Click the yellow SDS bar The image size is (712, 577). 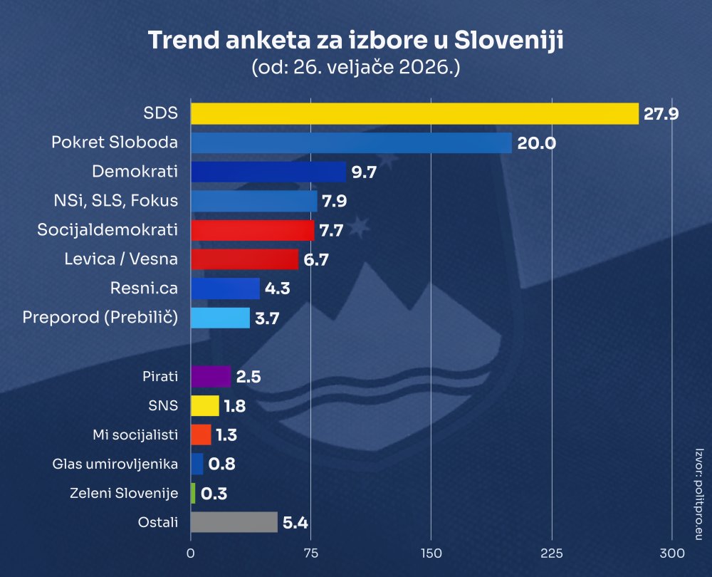414,113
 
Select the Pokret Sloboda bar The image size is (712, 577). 351,142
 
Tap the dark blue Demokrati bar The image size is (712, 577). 268,172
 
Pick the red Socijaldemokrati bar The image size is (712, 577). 252,230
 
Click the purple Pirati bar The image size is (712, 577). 211,376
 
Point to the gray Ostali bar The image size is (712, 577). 234,522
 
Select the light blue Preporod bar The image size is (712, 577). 220,318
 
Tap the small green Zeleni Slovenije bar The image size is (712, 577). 193,493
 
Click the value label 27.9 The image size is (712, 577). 661,113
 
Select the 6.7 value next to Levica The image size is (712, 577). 315,259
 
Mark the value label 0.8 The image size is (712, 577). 221,464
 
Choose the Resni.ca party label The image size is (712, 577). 144,288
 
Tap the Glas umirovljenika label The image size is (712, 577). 115,464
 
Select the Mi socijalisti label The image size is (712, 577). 135,435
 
